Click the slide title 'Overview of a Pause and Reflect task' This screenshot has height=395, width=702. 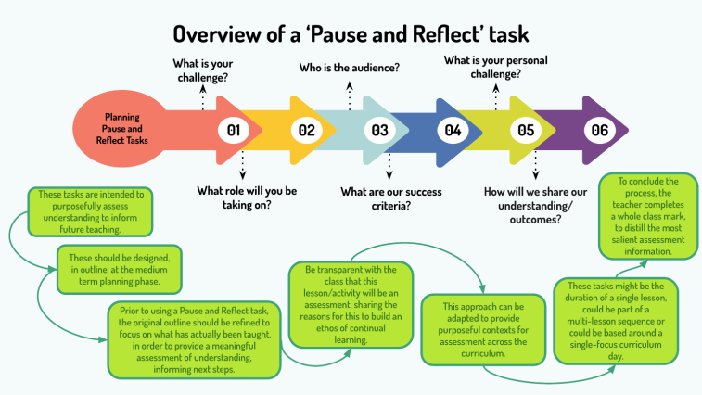(x=351, y=34)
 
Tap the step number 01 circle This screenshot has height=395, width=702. (x=233, y=131)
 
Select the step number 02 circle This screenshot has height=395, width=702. (x=305, y=131)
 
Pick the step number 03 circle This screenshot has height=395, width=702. (x=379, y=131)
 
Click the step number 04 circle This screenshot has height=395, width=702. (x=453, y=131)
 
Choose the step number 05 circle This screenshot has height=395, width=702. (x=525, y=131)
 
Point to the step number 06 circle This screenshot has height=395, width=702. (x=599, y=131)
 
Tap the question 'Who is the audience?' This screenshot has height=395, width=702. (x=349, y=68)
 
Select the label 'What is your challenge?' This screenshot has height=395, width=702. (x=203, y=70)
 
